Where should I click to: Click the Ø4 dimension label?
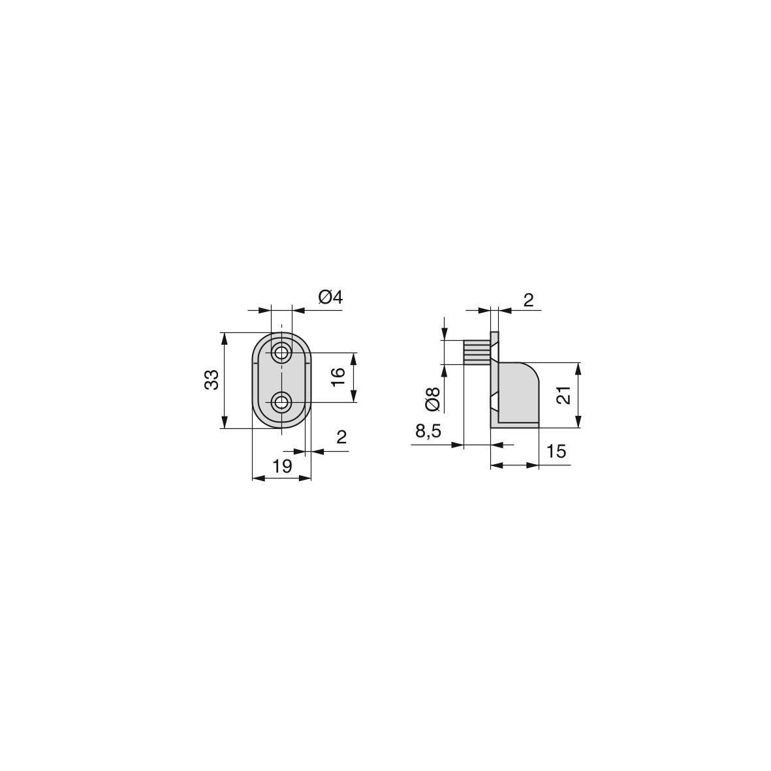[x=330, y=297]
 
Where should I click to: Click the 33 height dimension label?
[x=212, y=379]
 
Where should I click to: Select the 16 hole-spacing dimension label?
[x=338, y=377]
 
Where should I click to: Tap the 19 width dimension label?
[x=282, y=465]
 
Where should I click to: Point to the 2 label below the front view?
[x=341, y=437]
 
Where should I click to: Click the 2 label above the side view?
[x=528, y=300]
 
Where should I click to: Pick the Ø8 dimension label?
[x=433, y=399]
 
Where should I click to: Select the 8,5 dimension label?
[x=428, y=432]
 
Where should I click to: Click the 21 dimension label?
[x=564, y=396]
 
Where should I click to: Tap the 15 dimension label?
[x=556, y=451]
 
